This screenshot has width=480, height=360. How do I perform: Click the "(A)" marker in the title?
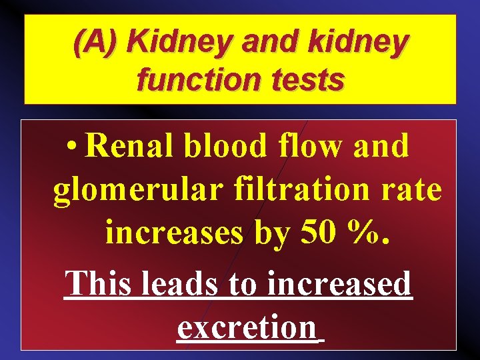click(97, 43)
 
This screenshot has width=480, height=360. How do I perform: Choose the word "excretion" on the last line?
click(247, 327)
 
